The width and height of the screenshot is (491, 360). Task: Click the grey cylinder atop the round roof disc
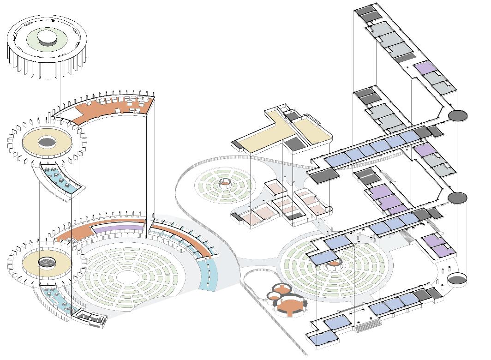tap(47, 39)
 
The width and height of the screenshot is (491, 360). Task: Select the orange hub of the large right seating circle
tap(333, 267)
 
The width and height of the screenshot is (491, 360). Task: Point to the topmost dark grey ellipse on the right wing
tap(458, 115)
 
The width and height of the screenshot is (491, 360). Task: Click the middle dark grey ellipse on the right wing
tap(458, 198)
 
